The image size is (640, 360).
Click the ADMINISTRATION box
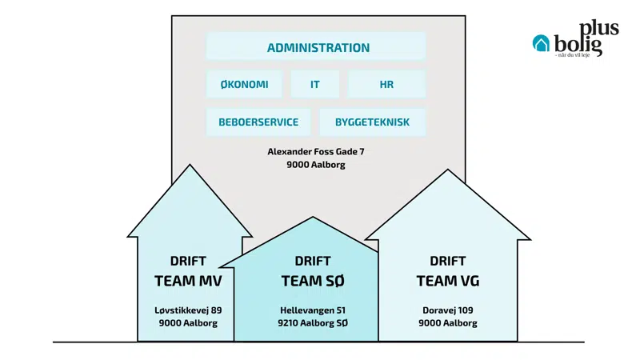pos(318,47)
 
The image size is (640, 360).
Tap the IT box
pos(314,84)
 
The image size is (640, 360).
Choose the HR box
pos(386,84)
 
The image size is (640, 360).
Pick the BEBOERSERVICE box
pos(258,122)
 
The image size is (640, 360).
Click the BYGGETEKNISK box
pos(372,122)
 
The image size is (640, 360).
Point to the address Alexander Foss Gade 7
pos(318,151)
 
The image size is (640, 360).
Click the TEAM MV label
pos(188,281)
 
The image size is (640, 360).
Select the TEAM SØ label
pos(312,281)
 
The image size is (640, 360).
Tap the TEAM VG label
pos(448,281)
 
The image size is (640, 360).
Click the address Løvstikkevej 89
pos(188,310)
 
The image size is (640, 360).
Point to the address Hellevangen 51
pos(312,310)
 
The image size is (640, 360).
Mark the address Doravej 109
pos(448,310)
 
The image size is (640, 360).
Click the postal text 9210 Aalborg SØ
pos(312,323)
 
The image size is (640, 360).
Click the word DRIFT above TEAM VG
pos(448,262)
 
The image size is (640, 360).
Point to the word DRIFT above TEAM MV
pos(188,262)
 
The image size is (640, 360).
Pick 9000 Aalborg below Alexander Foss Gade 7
pos(318,165)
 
